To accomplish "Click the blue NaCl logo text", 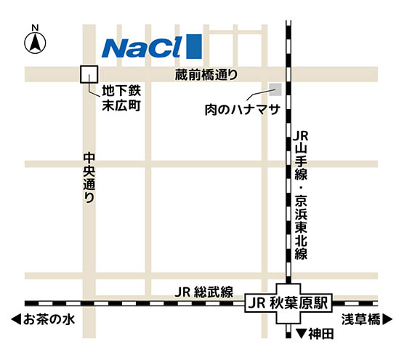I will pos(142,47).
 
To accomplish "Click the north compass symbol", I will pos(34,44).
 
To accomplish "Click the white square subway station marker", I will pos(89,74).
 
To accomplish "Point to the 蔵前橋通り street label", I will pos(206,75).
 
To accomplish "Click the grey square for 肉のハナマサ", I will pos(275,90).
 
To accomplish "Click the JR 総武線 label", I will pos(203,292).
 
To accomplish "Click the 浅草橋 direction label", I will pos(360,319).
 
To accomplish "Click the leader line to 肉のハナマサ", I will pos(259,96).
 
